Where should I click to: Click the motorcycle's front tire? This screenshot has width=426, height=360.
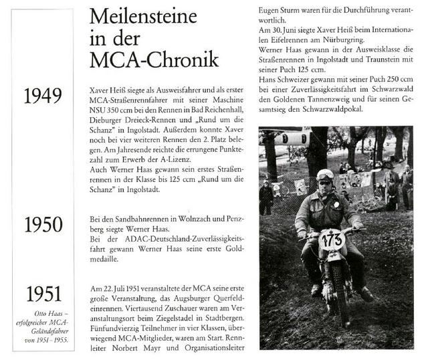[334, 301]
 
